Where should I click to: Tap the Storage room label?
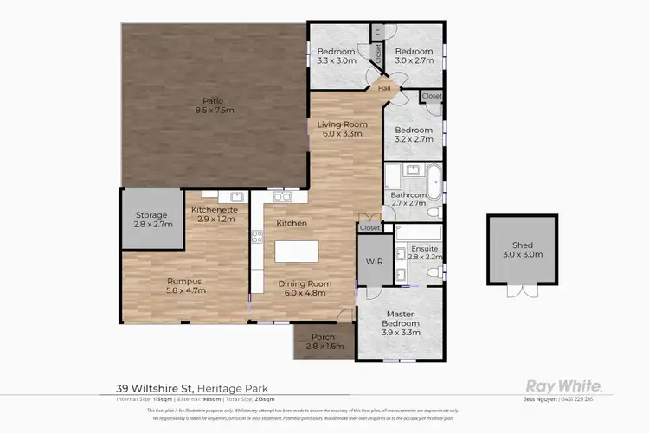[x=153, y=220]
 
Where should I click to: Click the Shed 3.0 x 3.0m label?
[x=519, y=247]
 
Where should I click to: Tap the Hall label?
[x=384, y=87]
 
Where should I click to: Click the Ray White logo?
[x=564, y=385]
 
